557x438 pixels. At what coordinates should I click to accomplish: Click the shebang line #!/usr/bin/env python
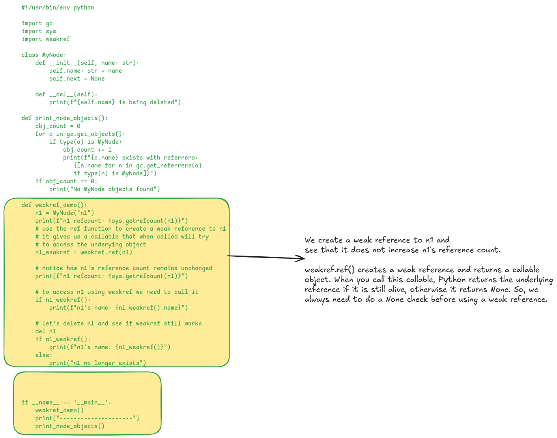(58, 8)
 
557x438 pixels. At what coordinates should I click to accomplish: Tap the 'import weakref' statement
(45, 39)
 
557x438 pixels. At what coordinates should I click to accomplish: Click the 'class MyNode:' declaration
(44, 55)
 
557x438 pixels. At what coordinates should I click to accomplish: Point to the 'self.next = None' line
(77, 79)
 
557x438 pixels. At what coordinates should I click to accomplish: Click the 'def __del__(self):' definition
(66, 94)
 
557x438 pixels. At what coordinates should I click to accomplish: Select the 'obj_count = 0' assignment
(58, 126)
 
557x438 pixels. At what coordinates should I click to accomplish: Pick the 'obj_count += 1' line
(87, 150)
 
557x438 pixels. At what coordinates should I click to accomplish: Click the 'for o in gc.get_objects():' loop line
(80, 134)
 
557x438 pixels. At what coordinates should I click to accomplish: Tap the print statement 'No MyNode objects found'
(105, 189)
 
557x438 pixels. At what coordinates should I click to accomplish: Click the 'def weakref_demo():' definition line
(54, 205)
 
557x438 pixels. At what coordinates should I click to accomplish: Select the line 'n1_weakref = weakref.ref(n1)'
(84, 252)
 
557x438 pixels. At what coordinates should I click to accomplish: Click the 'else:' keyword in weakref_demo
(43, 355)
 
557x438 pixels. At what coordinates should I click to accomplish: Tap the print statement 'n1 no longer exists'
(97, 363)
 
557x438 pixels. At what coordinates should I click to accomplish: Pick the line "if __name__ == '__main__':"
(66, 402)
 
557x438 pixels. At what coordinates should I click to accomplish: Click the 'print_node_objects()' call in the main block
(70, 426)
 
